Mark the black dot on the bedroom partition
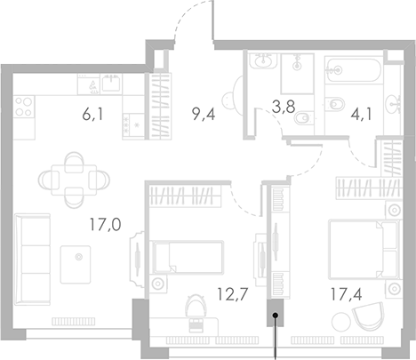click(276, 314)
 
